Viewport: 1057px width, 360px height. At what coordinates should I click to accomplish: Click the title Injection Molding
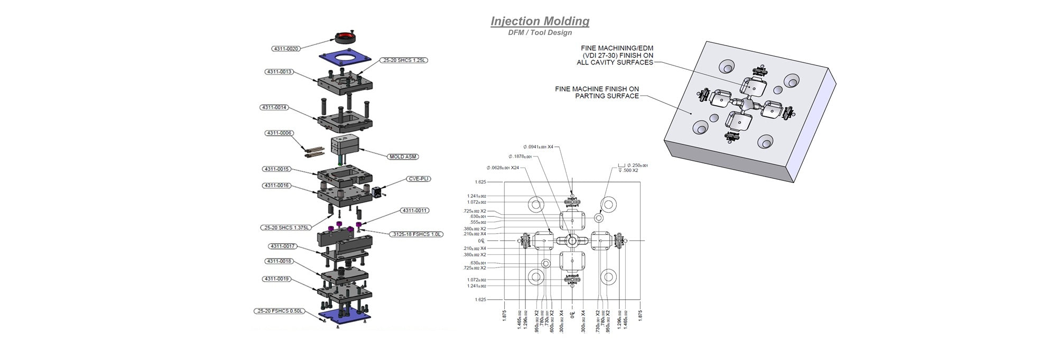pos(540,21)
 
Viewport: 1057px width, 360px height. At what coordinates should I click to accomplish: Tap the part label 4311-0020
pos(286,49)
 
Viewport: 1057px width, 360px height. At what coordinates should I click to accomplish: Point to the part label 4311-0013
pos(279,71)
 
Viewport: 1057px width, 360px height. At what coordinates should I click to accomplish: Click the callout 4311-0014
pos(274,107)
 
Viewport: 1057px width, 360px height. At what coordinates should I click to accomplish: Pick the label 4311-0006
pos(279,133)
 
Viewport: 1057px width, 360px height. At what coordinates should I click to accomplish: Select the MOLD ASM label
pos(403,156)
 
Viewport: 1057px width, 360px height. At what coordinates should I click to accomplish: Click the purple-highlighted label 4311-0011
pos(414,210)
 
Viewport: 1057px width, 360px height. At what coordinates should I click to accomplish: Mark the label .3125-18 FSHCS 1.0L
pos(416,234)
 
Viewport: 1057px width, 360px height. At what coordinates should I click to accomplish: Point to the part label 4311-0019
pos(277,279)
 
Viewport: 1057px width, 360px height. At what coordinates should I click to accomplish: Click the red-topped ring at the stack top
pos(345,37)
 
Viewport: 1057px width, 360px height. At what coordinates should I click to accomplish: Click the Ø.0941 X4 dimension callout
pos(538,147)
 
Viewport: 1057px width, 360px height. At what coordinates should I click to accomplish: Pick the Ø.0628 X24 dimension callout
pos(503,168)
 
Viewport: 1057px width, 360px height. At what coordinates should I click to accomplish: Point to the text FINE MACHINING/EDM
pos(617,48)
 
